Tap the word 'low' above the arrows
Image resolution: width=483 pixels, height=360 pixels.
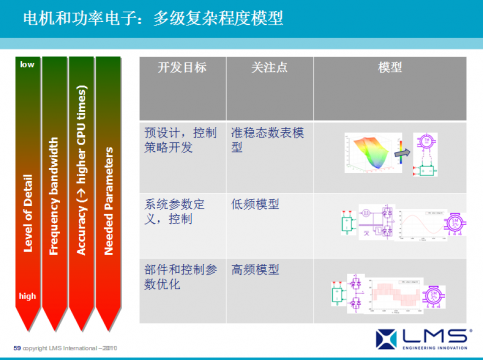(27, 64)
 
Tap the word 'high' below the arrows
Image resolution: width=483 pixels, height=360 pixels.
(27, 296)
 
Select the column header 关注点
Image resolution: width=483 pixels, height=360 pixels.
(268, 67)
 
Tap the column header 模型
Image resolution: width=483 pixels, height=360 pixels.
(390, 67)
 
